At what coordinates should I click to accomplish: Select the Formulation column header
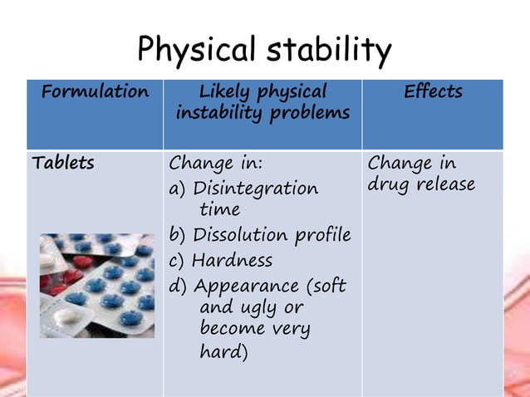click(95, 91)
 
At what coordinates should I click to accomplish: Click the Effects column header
click(433, 91)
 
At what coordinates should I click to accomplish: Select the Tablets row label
click(62, 163)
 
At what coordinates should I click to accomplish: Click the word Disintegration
click(255, 189)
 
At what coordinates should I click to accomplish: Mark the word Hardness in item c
click(232, 261)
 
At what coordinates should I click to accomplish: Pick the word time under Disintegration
click(219, 210)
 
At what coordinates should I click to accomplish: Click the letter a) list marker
click(177, 189)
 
